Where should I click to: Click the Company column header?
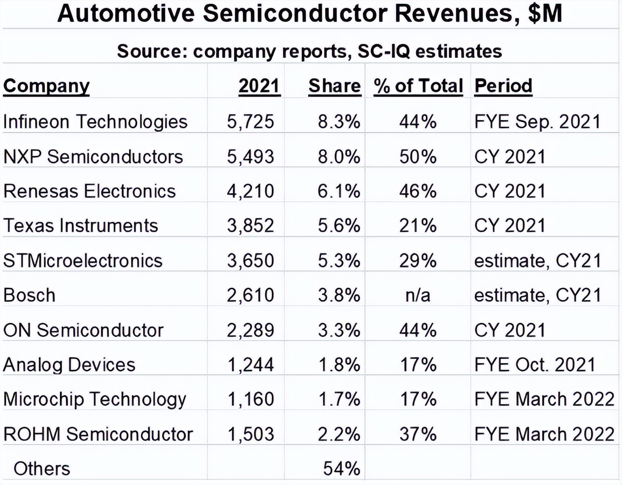pos(46,86)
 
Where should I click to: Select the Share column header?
pos(334,86)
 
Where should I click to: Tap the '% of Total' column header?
pos(418,86)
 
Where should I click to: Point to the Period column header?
pos(503,86)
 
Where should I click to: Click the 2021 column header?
pos(259,86)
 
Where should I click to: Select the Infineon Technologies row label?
pos(95,121)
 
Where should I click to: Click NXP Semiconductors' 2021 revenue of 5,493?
pos(250,156)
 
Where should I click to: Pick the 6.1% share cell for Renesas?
pos(339,191)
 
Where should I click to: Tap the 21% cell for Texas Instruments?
pos(417,226)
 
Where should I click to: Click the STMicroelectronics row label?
pos(83,260)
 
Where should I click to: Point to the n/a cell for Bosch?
pos(417,295)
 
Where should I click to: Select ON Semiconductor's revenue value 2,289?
pos(250,330)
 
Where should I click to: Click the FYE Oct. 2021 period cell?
pos(535,364)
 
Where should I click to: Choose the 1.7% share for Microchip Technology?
pos(339,399)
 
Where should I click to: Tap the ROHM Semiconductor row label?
pos(98,434)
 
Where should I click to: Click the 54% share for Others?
pos(342,469)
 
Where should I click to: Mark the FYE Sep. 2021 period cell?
pos(537,121)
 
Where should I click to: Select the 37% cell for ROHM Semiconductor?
pos(417,434)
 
